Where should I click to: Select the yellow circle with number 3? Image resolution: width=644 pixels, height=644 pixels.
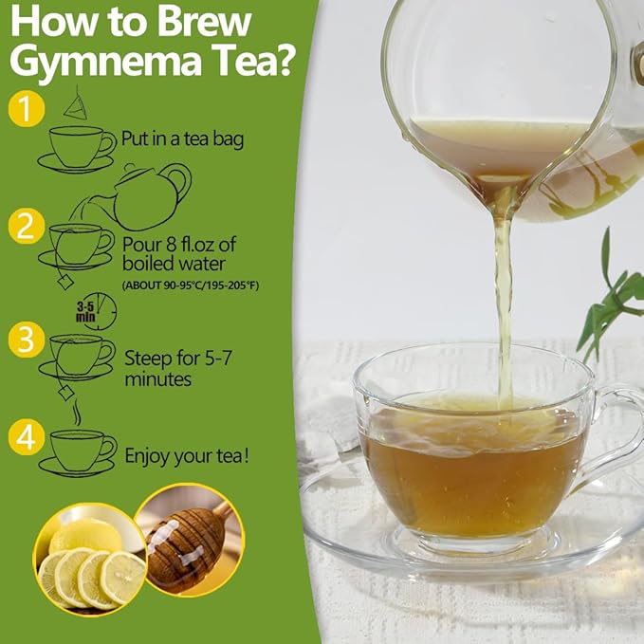tap(26, 339)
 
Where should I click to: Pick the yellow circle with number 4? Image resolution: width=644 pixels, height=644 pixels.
tap(27, 437)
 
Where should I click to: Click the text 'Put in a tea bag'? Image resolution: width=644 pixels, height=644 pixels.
tap(182, 138)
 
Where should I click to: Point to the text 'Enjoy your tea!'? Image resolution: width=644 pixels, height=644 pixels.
tap(188, 456)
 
